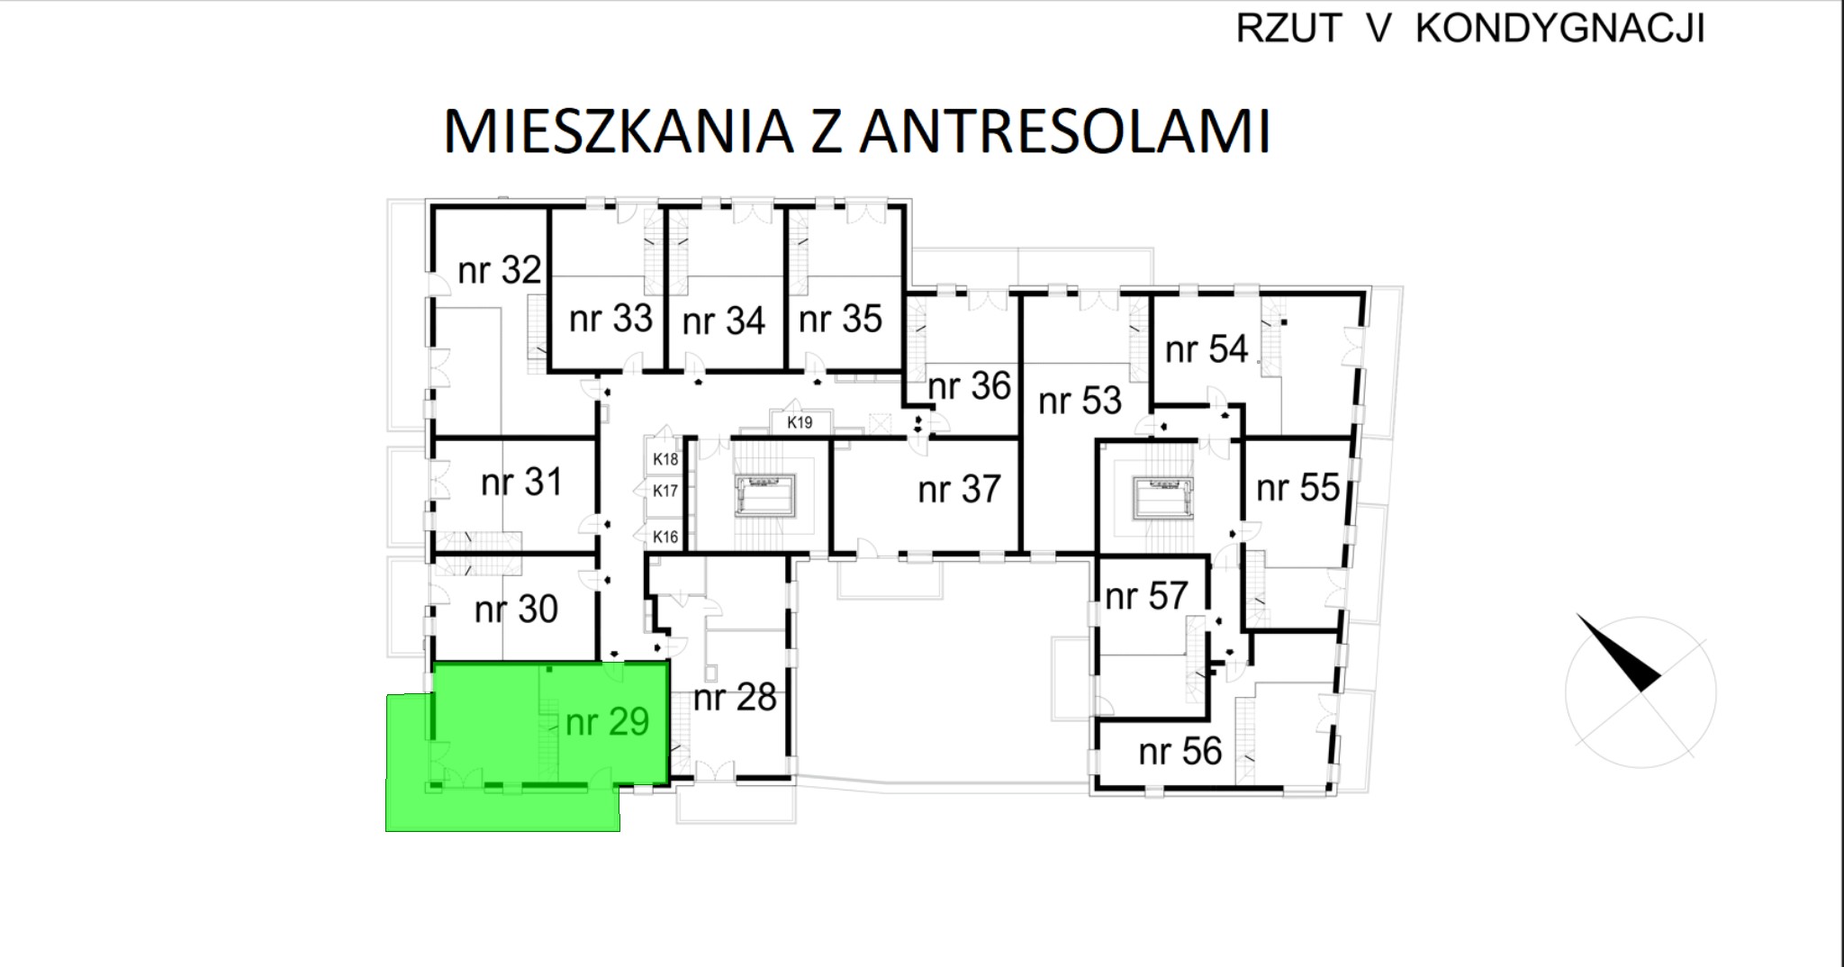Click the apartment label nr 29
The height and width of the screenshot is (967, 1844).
pyautogui.click(x=607, y=722)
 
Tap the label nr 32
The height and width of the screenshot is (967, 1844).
pyautogui.click(x=500, y=270)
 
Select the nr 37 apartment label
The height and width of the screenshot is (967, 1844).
pyautogui.click(x=959, y=490)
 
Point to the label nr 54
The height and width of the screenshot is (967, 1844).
pyautogui.click(x=1207, y=349)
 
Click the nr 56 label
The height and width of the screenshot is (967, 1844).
pyautogui.click(x=1180, y=752)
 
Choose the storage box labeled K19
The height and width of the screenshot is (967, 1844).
pyautogui.click(x=800, y=422)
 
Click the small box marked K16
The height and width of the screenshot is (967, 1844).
pyautogui.click(x=665, y=537)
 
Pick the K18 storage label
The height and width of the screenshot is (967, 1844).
pyautogui.click(x=665, y=459)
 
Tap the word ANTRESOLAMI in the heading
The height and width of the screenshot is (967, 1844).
pyautogui.click(x=1064, y=131)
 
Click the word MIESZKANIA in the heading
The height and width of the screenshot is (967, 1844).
pyautogui.click(x=619, y=131)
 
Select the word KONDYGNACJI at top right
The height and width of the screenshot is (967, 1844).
pyautogui.click(x=1560, y=29)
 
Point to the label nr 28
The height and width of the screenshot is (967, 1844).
pyautogui.click(x=735, y=698)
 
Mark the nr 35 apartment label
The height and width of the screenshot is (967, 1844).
pyautogui.click(x=840, y=319)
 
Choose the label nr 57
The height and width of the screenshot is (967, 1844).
pyautogui.click(x=1146, y=596)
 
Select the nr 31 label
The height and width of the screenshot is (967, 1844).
pyautogui.click(x=521, y=483)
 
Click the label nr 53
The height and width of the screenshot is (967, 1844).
pyautogui.click(x=1080, y=401)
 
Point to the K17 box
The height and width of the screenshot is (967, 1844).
pyautogui.click(x=665, y=491)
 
